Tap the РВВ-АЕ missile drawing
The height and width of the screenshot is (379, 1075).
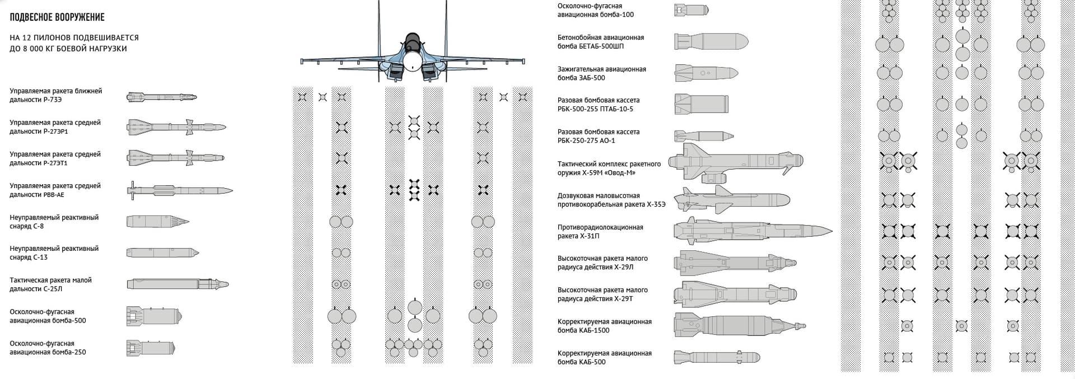click(179, 190)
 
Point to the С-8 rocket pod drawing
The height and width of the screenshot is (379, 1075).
click(157, 222)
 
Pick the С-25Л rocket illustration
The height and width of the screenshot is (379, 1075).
click(177, 284)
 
